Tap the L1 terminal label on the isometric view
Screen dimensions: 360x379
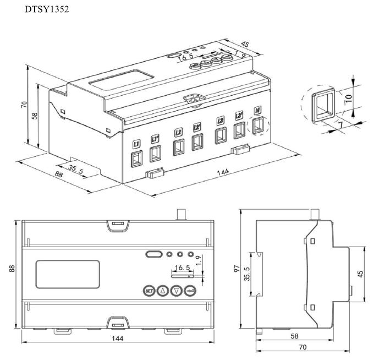click(x=136, y=144)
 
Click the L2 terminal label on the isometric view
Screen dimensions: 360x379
click(x=178, y=132)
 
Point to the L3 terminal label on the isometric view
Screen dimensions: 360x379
click(x=221, y=121)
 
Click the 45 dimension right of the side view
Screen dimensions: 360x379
click(x=360, y=273)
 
